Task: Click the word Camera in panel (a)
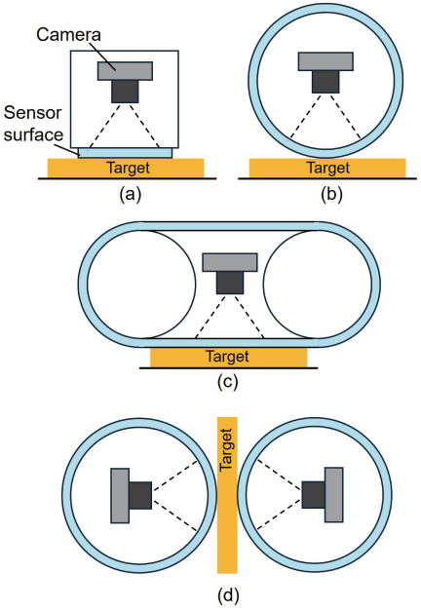pyautogui.click(x=68, y=35)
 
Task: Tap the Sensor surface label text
pyautogui.click(x=33, y=124)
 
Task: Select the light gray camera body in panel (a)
pyautogui.click(x=125, y=71)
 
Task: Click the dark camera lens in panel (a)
pyautogui.click(x=125, y=92)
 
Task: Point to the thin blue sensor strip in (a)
pyautogui.click(x=125, y=153)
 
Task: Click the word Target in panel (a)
pyautogui.click(x=129, y=168)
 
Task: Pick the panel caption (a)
pyautogui.click(x=130, y=194)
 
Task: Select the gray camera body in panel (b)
pyautogui.click(x=325, y=61)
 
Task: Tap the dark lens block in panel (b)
pyautogui.click(x=325, y=82)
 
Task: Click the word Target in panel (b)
pyautogui.click(x=328, y=168)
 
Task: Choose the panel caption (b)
pyautogui.click(x=331, y=194)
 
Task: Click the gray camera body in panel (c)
pyautogui.click(x=230, y=262)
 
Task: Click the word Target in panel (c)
pyautogui.click(x=227, y=357)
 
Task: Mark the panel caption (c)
pyautogui.click(x=227, y=382)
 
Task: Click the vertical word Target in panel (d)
pyautogui.click(x=226, y=449)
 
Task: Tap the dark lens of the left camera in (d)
pyautogui.click(x=140, y=496)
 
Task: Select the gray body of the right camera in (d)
pyautogui.click(x=334, y=494)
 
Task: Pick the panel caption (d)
pyautogui.click(x=228, y=595)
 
